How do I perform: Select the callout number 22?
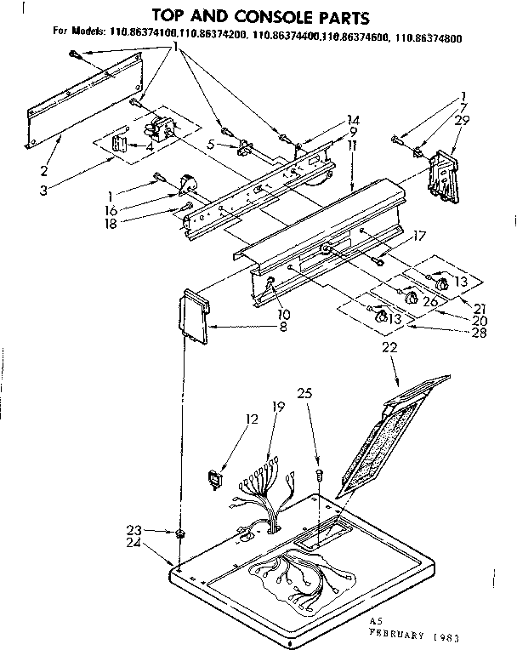click(389, 347)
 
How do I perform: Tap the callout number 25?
click(306, 393)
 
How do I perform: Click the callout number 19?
click(276, 408)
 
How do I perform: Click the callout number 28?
click(480, 333)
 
